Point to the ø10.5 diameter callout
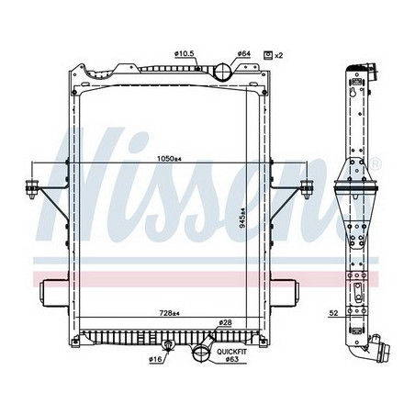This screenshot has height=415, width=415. coord(187,54)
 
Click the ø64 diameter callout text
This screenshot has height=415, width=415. coord(244,54)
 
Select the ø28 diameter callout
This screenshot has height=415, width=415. coord(225,323)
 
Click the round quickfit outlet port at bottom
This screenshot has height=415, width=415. coord(201,353)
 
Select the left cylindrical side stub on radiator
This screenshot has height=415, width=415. coord(52,295)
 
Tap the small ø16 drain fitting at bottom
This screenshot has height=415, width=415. coord(167,346)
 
